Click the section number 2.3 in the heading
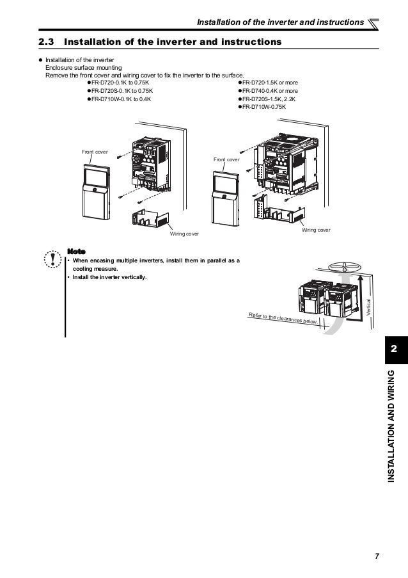(x=48, y=42)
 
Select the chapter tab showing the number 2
(x=394, y=349)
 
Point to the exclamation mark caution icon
(x=49, y=260)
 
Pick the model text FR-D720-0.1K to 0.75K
(x=120, y=83)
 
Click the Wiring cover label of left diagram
(x=184, y=234)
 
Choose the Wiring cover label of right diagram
(x=316, y=229)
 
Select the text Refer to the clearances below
(x=282, y=318)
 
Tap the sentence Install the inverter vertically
(x=109, y=277)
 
